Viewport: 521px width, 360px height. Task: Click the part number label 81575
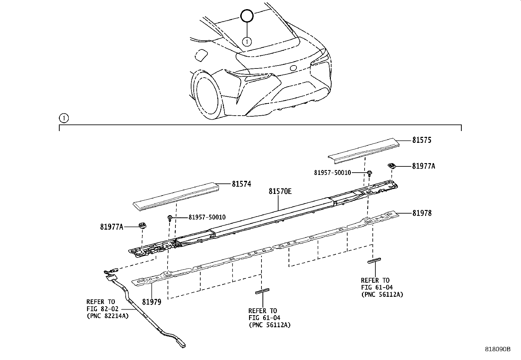(x=422, y=140)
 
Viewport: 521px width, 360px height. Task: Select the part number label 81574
(x=242, y=184)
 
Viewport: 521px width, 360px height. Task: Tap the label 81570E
(x=280, y=191)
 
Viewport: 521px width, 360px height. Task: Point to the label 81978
(x=422, y=213)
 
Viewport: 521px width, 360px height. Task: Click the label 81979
(x=152, y=302)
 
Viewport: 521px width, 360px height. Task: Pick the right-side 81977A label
(x=423, y=166)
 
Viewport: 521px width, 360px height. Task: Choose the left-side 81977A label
(x=112, y=227)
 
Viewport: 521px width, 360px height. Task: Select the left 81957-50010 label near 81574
(x=207, y=217)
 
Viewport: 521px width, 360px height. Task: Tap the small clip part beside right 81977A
(x=391, y=166)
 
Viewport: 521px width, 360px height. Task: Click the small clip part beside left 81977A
(x=142, y=225)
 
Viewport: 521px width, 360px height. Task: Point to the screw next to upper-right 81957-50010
(x=369, y=173)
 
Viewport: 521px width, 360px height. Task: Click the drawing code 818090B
(x=497, y=349)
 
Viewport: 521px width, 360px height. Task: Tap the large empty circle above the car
(x=247, y=16)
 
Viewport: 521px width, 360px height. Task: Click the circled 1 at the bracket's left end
(x=63, y=118)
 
